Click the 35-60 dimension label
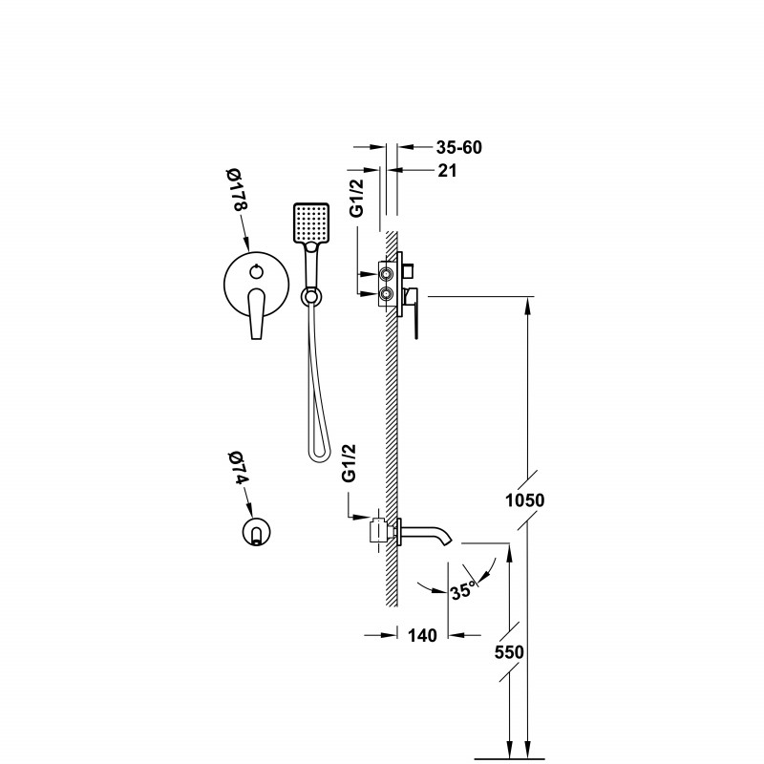[458, 147]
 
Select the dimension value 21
[447, 171]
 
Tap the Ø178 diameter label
[236, 189]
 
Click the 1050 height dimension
[524, 500]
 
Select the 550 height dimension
[509, 652]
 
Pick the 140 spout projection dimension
[422, 635]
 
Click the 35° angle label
[463, 590]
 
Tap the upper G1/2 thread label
[357, 198]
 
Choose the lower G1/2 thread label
[350, 463]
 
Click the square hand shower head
[311, 223]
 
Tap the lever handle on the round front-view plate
[256, 313]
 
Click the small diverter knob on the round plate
[256, 272]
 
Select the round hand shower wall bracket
[311, 296]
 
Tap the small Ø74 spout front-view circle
[256, 531]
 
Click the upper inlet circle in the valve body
[387, 275]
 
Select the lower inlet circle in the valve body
[387, 294]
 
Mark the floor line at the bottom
[510, 758]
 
